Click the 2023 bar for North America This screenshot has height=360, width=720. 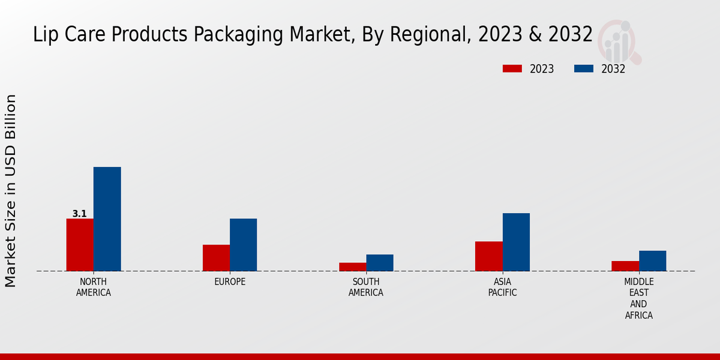coord(80,245)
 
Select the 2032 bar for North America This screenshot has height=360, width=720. coord(107,219)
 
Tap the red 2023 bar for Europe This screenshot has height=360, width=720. coord(216,258)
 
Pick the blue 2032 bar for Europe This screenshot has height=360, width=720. coord(244,245)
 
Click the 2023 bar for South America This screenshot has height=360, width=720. coord(353,267)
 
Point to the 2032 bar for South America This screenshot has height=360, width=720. coord(380,263)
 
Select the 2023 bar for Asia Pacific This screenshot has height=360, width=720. coord(489,256)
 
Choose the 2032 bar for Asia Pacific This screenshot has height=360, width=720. coord(516,242)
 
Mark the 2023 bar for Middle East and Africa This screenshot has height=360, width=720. coord(625,266)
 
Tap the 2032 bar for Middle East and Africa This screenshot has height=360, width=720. coord(653,261)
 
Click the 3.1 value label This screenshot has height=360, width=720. coord(79,214)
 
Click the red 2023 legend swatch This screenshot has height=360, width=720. coord(512,68)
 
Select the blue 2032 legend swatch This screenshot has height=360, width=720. coord(584,68)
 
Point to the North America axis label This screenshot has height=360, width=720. coord(94,287)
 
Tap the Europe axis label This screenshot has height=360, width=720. coord(230,282)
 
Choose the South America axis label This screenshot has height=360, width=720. coord(366,287)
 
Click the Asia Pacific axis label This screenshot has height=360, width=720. coord(502,287)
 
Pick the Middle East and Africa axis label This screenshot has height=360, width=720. coord(639,298)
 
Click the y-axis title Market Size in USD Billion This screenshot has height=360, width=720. coord(11,191)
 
